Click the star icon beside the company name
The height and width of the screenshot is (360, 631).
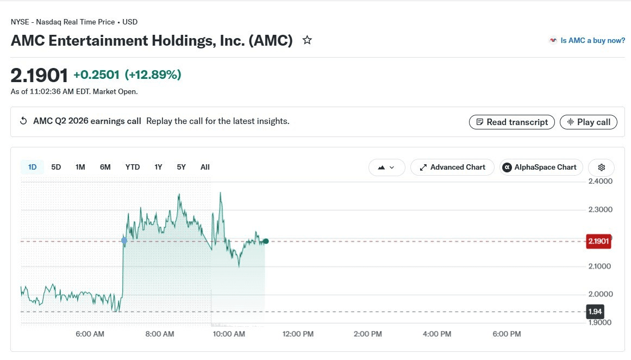tap(307, 40)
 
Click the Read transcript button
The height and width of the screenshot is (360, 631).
tap(511, 122)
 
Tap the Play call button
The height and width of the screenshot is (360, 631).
tap(589, 122)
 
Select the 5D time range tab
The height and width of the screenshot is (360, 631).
tap(56, 167)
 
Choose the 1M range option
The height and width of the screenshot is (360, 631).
tap(80, 167)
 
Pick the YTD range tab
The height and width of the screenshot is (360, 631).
tap(133, 167)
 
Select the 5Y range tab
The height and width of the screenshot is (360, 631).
tap(181, 167)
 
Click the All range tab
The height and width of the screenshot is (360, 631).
tap(205, 167)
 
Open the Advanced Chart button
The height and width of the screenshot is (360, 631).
tap(452, 167)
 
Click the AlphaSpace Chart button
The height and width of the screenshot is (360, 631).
tap(541, 167)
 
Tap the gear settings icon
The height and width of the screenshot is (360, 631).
tap(601, 167)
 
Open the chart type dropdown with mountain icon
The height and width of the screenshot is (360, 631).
tap(387, 167)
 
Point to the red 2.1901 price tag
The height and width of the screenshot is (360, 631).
tap(598, 241)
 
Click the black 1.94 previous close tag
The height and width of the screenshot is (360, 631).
tap(595, 311)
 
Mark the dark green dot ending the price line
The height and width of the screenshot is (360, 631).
tap(266, 241)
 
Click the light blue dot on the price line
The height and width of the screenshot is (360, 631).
tap(124, 240)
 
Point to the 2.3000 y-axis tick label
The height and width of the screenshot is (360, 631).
tap(601, 209)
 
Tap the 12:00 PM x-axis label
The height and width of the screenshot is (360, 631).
tap(298, 334)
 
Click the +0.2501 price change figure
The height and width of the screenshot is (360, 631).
tap(96, 75)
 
